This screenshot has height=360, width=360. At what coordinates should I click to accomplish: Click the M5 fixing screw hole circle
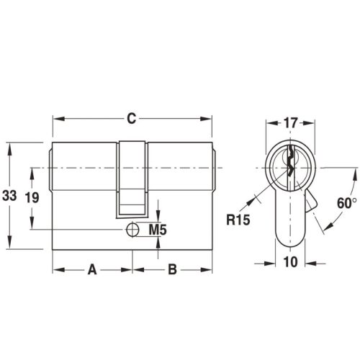click(x=132, y=230)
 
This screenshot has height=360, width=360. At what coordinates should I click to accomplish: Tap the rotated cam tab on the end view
click(x=311, y=204)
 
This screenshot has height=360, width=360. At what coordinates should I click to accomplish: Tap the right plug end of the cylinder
click(x=215, y=168)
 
